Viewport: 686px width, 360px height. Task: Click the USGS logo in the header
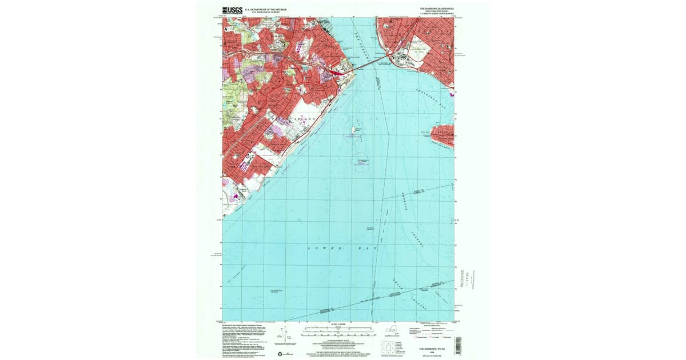click(x=232, y=10)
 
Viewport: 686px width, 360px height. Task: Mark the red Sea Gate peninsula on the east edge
click(x=442, y=135)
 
